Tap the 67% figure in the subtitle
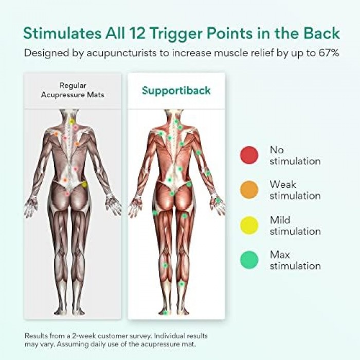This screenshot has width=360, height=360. [327, 53]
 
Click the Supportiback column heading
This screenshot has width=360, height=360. [176, 91]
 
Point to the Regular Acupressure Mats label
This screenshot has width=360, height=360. [72, 91]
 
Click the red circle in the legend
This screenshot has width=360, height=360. [249, 155]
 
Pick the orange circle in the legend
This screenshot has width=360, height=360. [249, 190]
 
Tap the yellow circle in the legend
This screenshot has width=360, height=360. [249, 225]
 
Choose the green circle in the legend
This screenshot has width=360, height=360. [249, 259]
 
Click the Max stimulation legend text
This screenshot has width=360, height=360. [295, 260]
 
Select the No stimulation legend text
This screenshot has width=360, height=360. [295, 155]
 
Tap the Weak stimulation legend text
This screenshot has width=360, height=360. [295, 190]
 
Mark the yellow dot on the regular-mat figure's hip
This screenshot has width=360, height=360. [84, 184]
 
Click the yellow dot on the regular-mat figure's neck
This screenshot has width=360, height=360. [72, 121]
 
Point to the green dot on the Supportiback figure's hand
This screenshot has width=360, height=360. [218, 201]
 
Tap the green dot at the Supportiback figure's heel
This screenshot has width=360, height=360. [165, 312]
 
